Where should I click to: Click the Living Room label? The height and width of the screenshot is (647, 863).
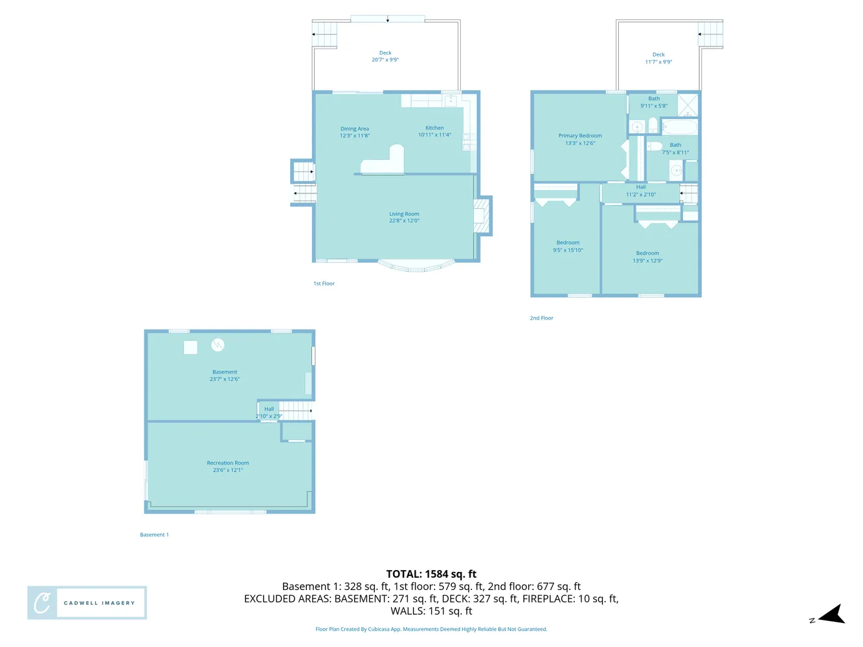pos(404,214)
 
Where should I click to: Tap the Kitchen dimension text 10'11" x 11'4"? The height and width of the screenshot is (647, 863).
pos(434,135)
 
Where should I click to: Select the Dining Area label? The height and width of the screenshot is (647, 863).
pos(355,129)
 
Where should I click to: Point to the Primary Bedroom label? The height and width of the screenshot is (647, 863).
pos(580,136)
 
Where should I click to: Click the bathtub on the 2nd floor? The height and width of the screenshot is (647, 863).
pos(679,126)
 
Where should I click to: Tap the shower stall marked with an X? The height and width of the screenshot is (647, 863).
pos(688,105)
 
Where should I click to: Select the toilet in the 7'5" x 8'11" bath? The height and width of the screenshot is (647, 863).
pos(655,146)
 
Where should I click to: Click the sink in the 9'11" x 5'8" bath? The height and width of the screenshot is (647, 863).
pos(638,127)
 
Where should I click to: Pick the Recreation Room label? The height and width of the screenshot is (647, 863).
pos(228,463)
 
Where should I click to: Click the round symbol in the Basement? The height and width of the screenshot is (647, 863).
pos(218,345)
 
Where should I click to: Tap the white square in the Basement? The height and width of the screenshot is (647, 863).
pos(190,347)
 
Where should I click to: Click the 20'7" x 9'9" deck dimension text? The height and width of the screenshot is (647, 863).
pos(385,60)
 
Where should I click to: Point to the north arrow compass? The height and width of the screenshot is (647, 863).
pos(831,615)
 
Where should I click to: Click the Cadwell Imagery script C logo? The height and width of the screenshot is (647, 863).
pos(42,603)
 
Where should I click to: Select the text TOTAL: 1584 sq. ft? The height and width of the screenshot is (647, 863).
pos(431,574)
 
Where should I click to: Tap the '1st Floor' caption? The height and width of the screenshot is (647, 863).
pos(324,283)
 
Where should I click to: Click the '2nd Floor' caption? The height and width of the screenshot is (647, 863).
pos(541,318)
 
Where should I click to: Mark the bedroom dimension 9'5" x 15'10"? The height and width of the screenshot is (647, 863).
pos(568,250)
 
